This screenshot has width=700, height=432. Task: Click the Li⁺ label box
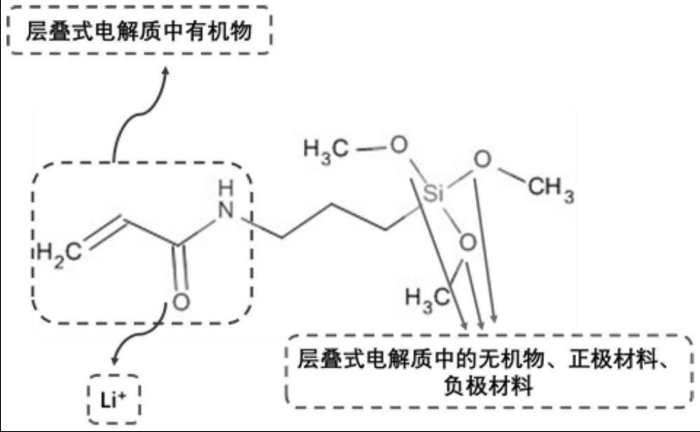[x=114, y=401]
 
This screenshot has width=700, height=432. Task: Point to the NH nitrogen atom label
[x=226, y=209]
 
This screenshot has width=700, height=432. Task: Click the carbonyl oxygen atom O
[x=181, y=303]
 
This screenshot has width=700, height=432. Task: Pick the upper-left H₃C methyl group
[x=326, y=150]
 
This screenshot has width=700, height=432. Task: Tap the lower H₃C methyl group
[x=426, y=298]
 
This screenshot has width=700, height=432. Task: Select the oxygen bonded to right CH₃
[x=481, y=160]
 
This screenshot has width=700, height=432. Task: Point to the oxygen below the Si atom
[x=468, y=241]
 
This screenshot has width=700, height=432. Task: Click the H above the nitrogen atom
[x=227, y=188]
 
